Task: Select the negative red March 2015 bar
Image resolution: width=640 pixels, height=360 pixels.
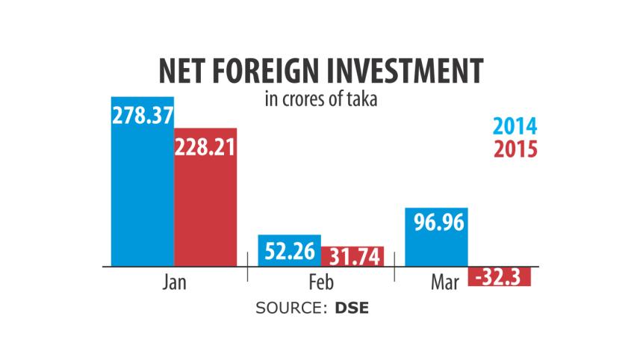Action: click(500, 278)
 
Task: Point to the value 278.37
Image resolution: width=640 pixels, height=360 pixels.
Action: click(142, 114)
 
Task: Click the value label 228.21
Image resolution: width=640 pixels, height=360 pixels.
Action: click(205, 146)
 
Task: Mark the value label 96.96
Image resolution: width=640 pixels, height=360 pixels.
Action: click(437, 224)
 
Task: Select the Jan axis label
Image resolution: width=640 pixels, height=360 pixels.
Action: click(174, 283)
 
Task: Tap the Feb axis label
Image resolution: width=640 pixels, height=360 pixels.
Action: click(321, 284)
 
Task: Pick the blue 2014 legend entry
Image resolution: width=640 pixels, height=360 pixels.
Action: click(515, 127)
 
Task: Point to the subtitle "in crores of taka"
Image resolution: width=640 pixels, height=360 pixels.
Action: click(320, 99)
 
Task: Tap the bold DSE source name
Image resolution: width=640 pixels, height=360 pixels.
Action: click(350, 308)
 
